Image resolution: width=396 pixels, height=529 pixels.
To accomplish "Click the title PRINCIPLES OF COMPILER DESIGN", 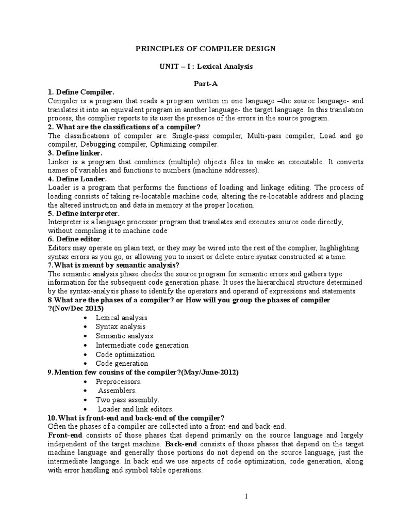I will click(x=205, y=49).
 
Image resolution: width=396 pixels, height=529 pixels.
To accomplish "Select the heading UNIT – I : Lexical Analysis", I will click(x=205, y=67).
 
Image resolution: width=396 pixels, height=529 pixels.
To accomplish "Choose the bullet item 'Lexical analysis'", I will click(x=121, y=318).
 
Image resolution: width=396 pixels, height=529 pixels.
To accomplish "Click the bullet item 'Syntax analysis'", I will click(x=120, y=326).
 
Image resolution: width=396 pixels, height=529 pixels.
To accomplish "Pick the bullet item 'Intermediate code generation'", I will click(x=142, y=345).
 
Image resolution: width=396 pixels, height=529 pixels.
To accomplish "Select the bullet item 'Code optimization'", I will click(x=125, y=354).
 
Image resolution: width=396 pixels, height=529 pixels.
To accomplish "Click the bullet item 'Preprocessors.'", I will click(x=118, y=381).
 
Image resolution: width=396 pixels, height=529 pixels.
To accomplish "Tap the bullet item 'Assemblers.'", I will click(x=117, y=391).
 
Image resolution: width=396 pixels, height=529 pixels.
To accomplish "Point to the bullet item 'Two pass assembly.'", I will click(x=127, y=400).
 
